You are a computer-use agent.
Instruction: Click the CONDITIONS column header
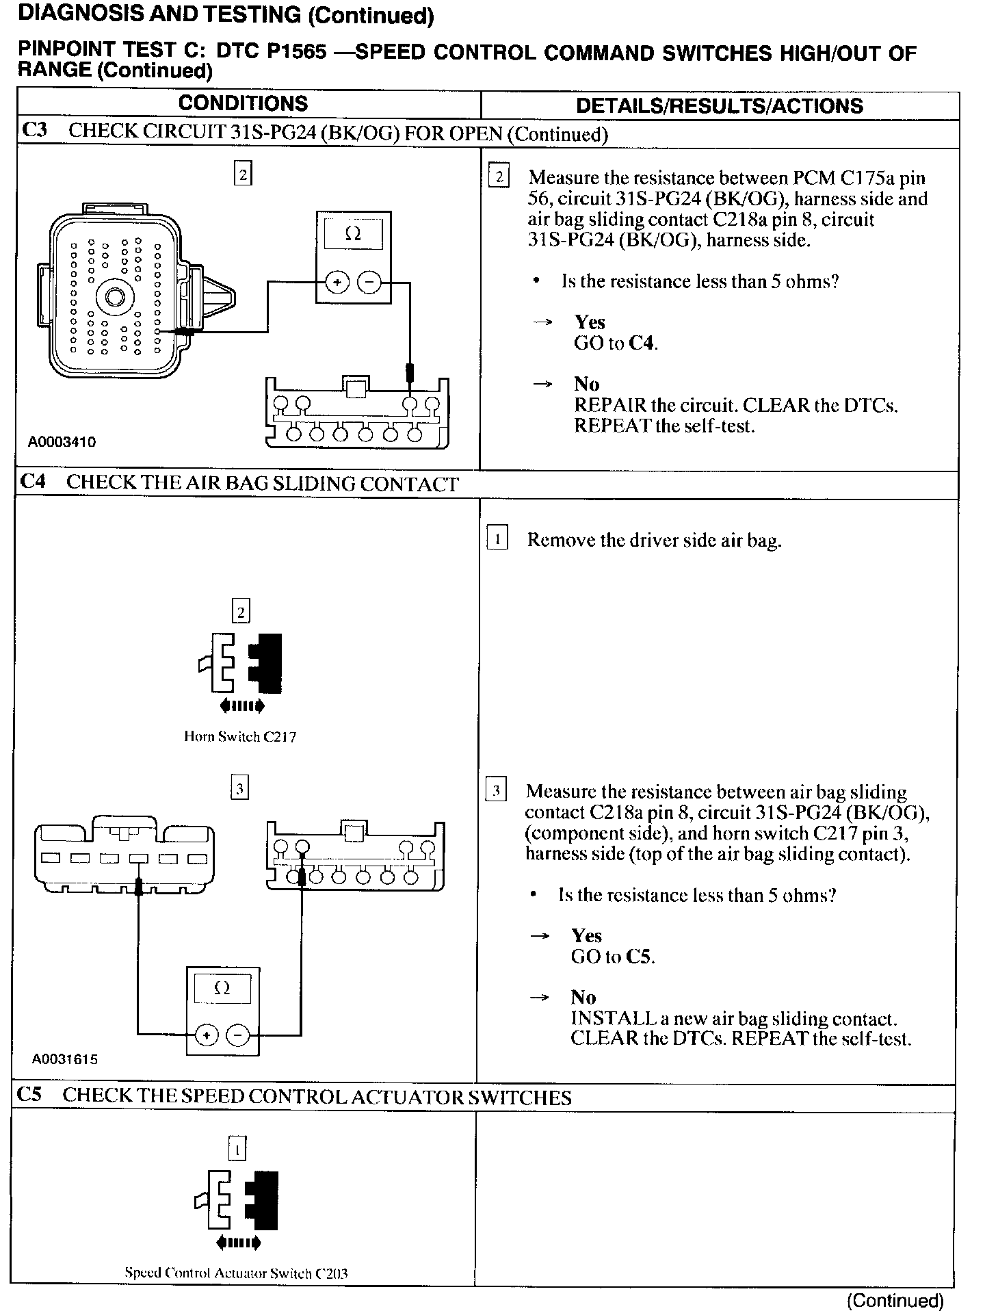coord(243,103)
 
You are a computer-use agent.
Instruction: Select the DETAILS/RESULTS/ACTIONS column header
coord(720,105)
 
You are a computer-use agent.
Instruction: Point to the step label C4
coord(33,482)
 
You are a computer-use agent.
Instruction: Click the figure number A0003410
coord(62,441)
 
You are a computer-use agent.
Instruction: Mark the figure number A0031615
coord(64,1059)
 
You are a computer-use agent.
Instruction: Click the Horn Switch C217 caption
coord(240,737)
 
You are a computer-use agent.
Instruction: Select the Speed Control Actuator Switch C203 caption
coord(236,1273)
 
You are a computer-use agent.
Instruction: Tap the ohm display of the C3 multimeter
coord(354,235)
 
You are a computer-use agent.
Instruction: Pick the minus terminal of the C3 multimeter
coord(369,281)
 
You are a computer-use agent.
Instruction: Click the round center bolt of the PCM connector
coord(112,298)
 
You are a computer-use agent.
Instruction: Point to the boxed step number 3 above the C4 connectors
coord(239,789)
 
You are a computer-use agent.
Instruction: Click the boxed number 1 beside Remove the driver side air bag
coord(497,539)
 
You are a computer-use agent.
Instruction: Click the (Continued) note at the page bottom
coord(895,1300)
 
